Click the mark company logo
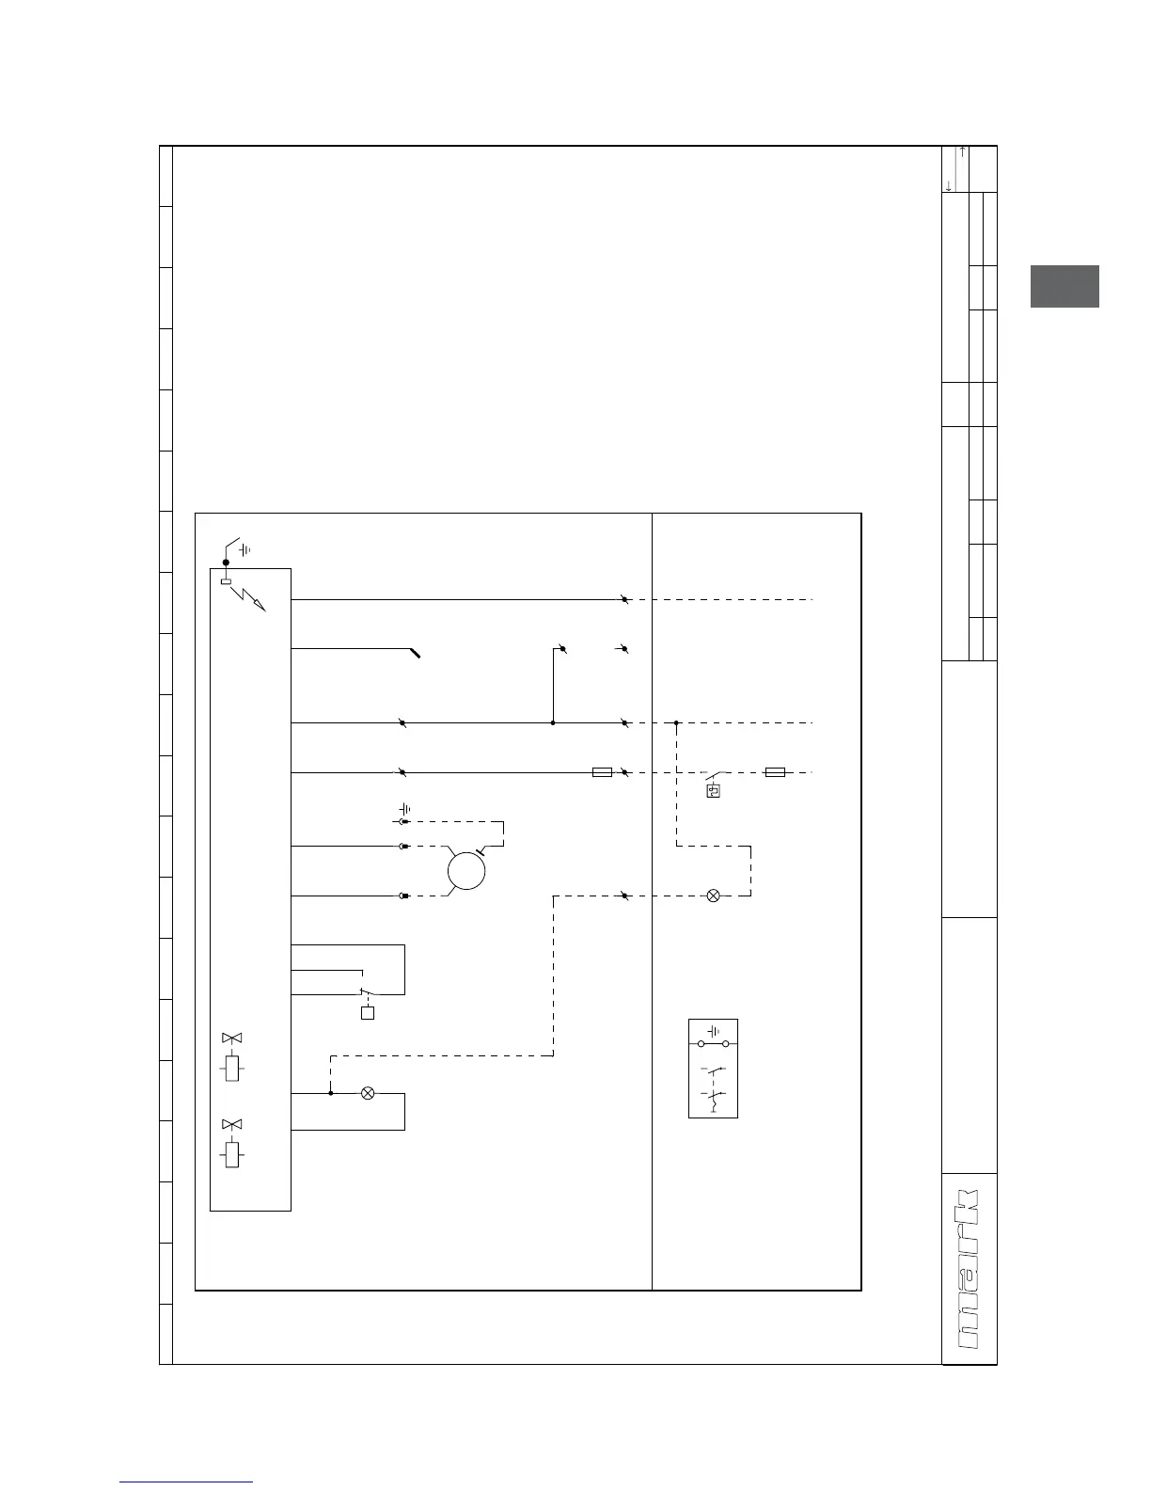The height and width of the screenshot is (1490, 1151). click(970, 1269)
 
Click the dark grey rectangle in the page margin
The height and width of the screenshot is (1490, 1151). click(1064, 287)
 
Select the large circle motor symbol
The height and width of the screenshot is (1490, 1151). click(465, 870)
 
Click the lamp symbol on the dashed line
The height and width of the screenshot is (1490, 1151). click(713, 896)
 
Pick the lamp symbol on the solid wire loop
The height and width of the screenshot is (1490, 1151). click(368, 1093)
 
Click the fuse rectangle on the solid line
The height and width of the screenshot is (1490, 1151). click(602, 772)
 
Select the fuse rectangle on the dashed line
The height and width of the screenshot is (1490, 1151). click(775, 772)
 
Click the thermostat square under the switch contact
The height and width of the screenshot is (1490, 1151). click(714, 791)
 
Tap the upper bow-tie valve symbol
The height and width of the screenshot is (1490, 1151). click(231, 1038)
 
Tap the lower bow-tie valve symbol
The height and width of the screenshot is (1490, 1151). click(231, 1124)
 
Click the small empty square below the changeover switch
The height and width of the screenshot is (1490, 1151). click(368, 1013)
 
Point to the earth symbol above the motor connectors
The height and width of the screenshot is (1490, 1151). click(405, 809)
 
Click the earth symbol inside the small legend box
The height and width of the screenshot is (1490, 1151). click(714, 1030)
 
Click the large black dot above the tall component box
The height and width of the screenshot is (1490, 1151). click(226, 563)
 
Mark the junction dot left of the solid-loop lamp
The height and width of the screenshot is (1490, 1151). click(330, 1093)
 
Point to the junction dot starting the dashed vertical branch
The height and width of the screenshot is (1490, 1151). click(676, 722)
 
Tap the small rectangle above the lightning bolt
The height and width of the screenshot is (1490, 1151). click(226, 581)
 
